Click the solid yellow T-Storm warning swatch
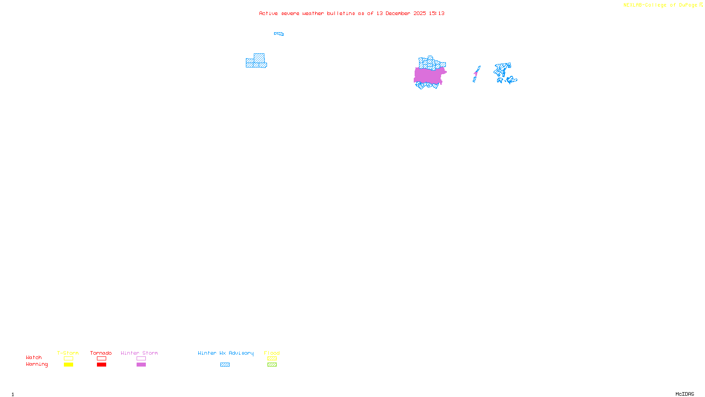pyautogui.click(x=68, y=365)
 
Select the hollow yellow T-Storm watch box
pyautogui.click(x=68, y=359)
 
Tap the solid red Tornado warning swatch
pyautogui.click(x=101, y=365)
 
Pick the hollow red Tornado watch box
pyautogui.click(x=101, y=359)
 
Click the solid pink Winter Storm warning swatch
pyautogui.click(x=141, y=365)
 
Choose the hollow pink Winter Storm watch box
pyautogui.click(x=141, y=359)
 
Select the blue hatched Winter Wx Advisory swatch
pyautogui.click(x=225, y=365)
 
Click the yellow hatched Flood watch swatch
pyautogui.click(x=272, y=359)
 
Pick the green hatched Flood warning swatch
pyautogui.click(x=272, y=365)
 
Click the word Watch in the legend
pyautogui.click(x=34, y=358)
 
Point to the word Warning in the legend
pyautogui.click(x=37, y=364)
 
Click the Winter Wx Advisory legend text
pyautogui.click(x=226, y=353)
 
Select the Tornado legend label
pyautogui.click(x=101, y=353)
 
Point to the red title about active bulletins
pyautogui.click(x=352, y=13)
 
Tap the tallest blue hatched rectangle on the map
pyautogui.click(x=259, y=58)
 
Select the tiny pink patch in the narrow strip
pyautogui.click(x=476, y=73)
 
